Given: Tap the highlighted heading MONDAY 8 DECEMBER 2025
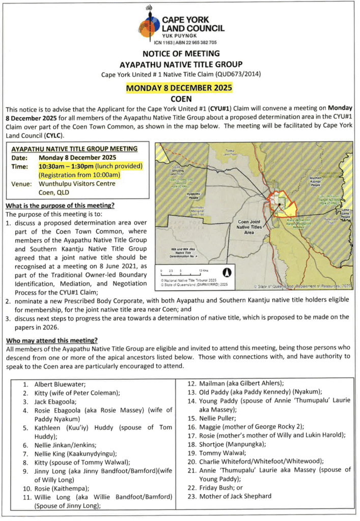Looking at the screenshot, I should pos(179,88).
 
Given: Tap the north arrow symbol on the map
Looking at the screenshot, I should pos(228,271).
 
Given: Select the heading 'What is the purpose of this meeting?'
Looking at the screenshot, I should pos(60,205).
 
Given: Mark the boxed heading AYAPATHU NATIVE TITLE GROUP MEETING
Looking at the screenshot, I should pos(74,149).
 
